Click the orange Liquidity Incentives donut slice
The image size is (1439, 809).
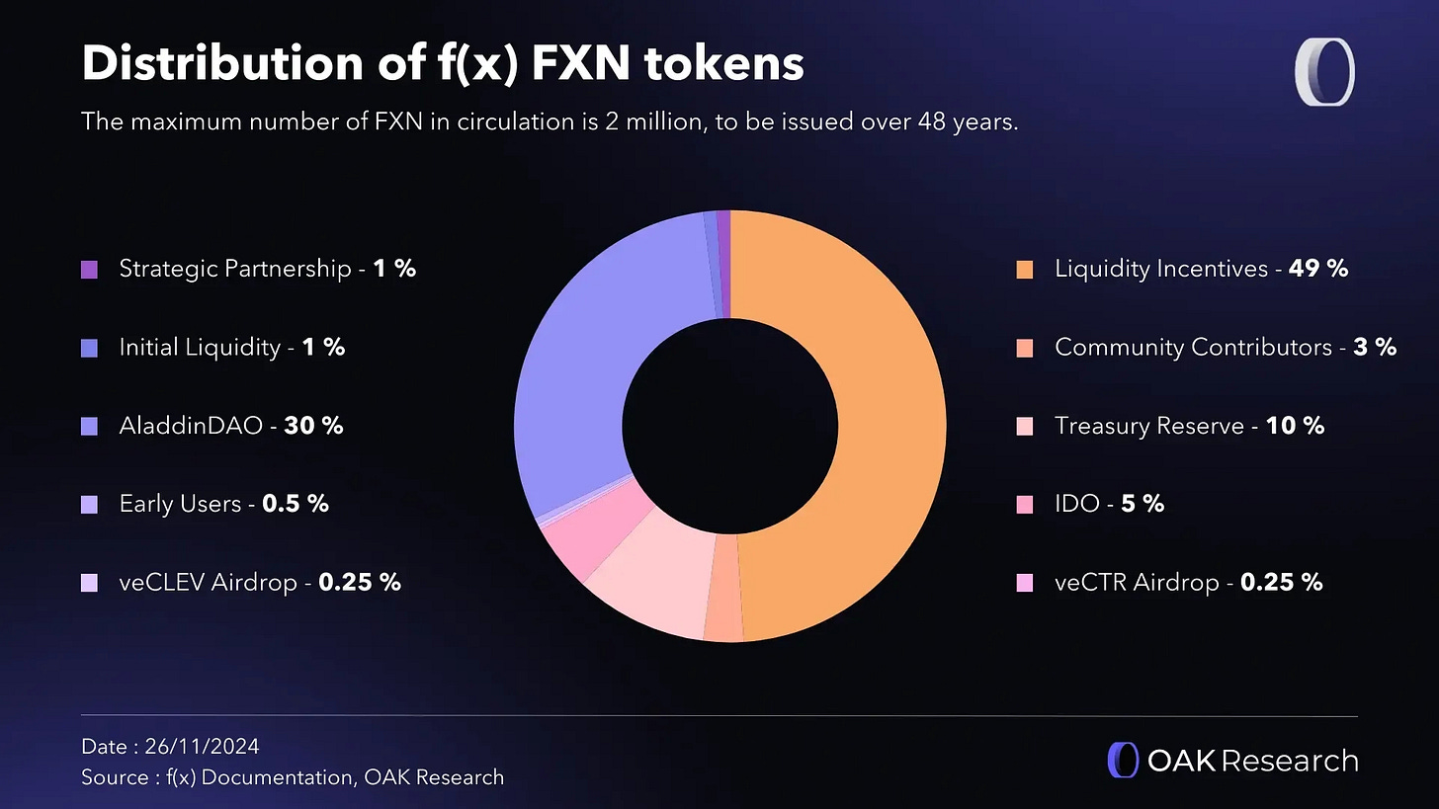point(870,425)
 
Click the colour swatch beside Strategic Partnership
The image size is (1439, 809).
point(89,269)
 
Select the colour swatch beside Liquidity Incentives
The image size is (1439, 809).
point(1025,269)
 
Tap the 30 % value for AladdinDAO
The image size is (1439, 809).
point(313,426)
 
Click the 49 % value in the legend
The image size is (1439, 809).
point(1318,268)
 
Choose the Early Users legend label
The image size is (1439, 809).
point(180,504)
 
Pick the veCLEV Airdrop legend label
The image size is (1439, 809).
point(208,583)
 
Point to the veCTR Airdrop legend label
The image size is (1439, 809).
point(1137,583)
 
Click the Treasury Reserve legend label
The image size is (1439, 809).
point(1148,426)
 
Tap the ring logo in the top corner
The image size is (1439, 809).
point(1323,71)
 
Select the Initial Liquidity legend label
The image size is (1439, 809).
point(200,347)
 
